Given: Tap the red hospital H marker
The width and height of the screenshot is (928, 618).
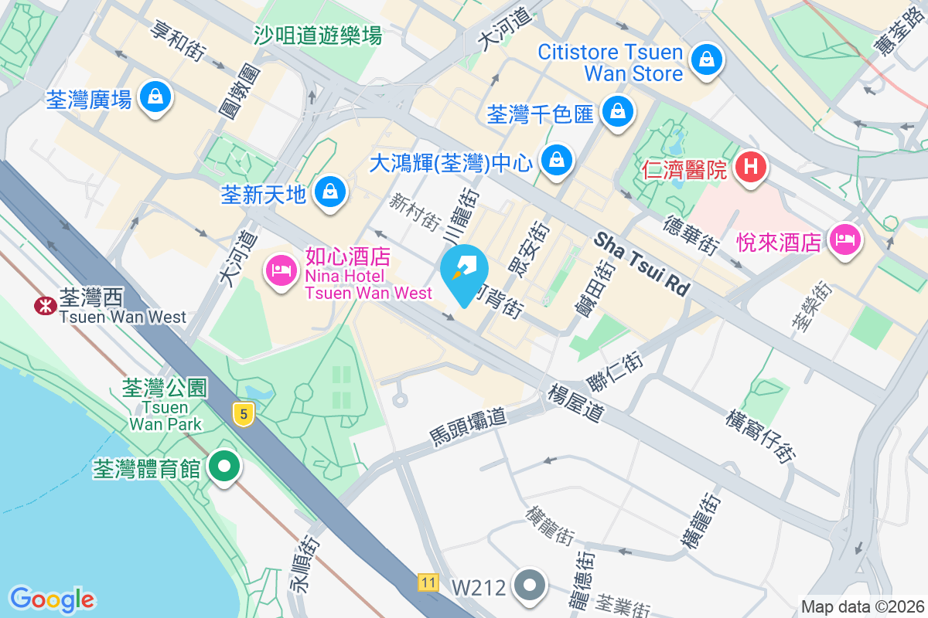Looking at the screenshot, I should [750, 165].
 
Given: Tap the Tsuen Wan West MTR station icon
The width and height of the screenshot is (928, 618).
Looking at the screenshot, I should [45, 306].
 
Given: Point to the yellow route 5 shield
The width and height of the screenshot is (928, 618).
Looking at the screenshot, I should [244, 415].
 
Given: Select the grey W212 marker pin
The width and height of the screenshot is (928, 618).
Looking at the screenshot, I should [531, 586].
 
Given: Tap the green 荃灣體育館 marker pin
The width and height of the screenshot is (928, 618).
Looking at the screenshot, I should [225, 467].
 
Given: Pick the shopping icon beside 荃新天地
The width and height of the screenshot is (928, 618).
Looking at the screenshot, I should [330, 190].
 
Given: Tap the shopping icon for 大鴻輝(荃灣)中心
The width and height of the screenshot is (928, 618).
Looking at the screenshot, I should [555, 161].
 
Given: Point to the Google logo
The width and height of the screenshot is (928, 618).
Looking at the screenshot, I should [53, 599].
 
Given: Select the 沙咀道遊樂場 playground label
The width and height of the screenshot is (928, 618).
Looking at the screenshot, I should [319, 35].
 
